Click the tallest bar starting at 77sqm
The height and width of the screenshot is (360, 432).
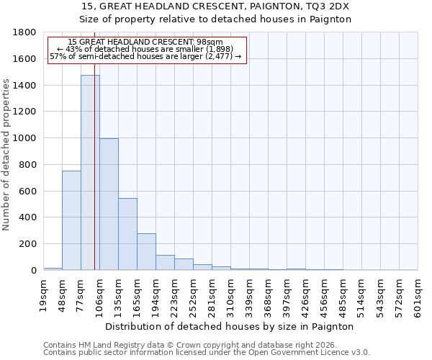(90, 173)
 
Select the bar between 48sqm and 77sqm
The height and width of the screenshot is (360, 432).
(71, 220)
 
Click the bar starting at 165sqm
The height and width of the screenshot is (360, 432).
(146, 251)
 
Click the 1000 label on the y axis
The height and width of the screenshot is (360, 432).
(26, 138)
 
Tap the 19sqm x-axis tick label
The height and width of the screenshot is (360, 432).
(44, 294)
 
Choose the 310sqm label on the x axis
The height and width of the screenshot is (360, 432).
(231, 295)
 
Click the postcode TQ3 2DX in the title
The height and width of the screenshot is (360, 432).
(326, 6)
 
